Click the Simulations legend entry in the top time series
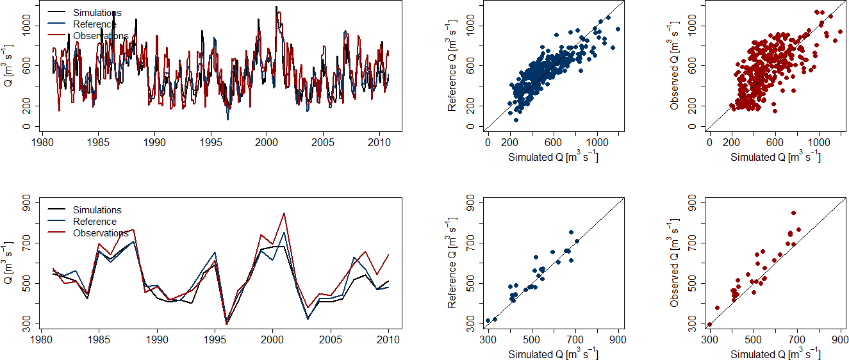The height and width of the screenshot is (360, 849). pyautogui.click(x=97, y=13)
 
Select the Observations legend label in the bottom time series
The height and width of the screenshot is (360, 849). pyautogui.click(x=101, y=233)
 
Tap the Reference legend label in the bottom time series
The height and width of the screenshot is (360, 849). pyautogui.click(x=94, y=222)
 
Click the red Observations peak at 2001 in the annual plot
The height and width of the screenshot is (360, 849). pyautogui.click(x=284, y=213)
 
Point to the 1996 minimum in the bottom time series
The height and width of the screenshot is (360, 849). pyautogui.click(x=226, y=323)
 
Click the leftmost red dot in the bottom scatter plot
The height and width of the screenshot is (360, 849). pyautogui.click(x=709, y=325)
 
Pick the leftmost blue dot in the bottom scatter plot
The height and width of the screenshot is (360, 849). pyautogui.click(x=488, y=321)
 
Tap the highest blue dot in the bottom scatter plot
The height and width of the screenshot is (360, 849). pyautogui.click(x=571, y=233)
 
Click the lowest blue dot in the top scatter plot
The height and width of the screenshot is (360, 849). pyautogui.click(x=516, y=120)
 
